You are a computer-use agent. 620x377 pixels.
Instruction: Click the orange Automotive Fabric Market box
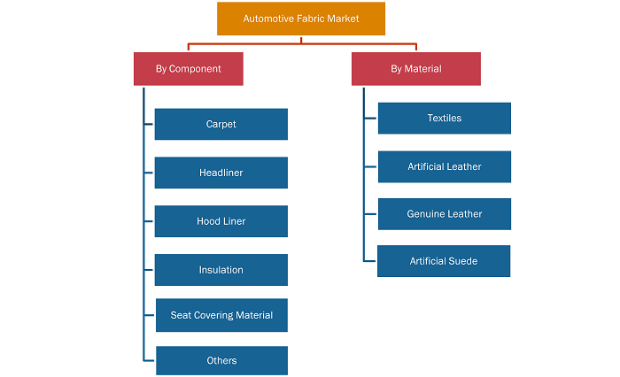click(301, 19)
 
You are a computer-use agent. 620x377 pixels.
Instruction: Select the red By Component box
click(188, 69)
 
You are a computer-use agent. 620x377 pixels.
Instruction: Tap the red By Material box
click(416, 69)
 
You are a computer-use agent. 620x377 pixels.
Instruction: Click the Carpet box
click(221, 124)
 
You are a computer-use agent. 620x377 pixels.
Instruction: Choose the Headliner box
click(221, 173)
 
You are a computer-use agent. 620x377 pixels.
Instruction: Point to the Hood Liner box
click(221, 221)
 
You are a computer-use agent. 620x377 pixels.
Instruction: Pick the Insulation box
click(221, 270)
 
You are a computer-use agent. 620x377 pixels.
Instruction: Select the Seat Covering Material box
click(221, 315)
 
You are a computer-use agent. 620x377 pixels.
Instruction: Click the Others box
click(221, 360)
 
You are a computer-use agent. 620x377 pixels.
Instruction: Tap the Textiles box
click(445, 119)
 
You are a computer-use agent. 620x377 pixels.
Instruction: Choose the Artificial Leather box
click(445, 166)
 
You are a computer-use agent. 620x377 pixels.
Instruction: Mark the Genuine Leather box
click(445, 214)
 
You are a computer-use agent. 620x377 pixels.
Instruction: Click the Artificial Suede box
click(444, 261)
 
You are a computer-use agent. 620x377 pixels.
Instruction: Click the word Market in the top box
click(343, 19)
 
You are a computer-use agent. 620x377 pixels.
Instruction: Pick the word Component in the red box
click(195, 69)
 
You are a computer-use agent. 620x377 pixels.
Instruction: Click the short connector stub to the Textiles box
click(370, 119)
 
